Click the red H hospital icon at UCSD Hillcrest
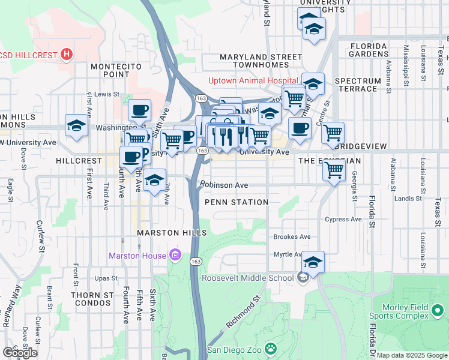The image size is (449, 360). (67, 55)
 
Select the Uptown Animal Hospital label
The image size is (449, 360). (253, 81)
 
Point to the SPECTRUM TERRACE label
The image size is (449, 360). (358, 85)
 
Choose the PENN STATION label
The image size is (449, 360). (237, 202)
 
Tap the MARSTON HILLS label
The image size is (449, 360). (172, 233)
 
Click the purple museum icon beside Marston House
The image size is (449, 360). (175, 256)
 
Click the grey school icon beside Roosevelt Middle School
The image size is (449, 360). (303, 277)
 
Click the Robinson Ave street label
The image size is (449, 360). (224, 185)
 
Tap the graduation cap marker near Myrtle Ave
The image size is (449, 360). (313, 262)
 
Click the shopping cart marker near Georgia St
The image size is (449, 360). (334, 170)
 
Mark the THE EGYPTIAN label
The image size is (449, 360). (330, 161)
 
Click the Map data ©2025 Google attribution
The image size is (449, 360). (412, 355)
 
